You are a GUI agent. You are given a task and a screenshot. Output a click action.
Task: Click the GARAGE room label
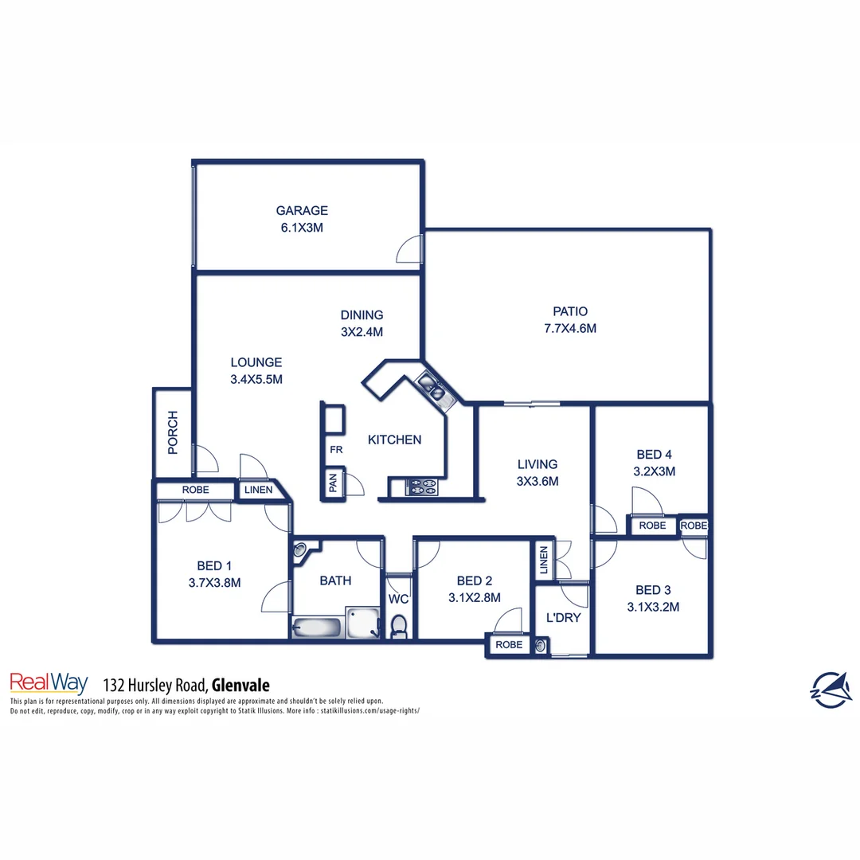tap(302, 211)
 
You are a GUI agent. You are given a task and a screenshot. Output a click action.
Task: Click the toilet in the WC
tap(399, 626)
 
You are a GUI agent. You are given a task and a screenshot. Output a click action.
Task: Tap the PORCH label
tap(173, 432)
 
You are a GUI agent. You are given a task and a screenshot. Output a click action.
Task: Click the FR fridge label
tap(336, 450)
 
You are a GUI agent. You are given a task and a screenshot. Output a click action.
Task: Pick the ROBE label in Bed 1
tap(195, 490)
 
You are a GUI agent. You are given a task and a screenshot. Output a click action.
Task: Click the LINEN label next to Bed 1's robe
tap(258, 491)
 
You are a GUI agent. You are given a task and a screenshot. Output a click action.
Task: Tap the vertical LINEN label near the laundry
tap(543, 561)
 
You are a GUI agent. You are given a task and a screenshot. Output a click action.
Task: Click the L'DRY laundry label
tap(563, 618)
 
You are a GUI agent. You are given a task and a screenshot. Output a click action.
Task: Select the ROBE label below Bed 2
tap(509, 645)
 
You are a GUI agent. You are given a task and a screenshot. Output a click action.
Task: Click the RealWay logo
tap(49, 682)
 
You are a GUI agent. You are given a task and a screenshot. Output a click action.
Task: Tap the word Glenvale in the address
tap(240, 685)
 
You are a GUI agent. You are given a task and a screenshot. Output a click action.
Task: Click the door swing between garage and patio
tap(410, 249)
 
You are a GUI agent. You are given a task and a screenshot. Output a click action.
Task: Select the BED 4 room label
tap(650, 454)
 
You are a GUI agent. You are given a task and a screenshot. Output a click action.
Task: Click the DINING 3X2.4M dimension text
tap(362, 331)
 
